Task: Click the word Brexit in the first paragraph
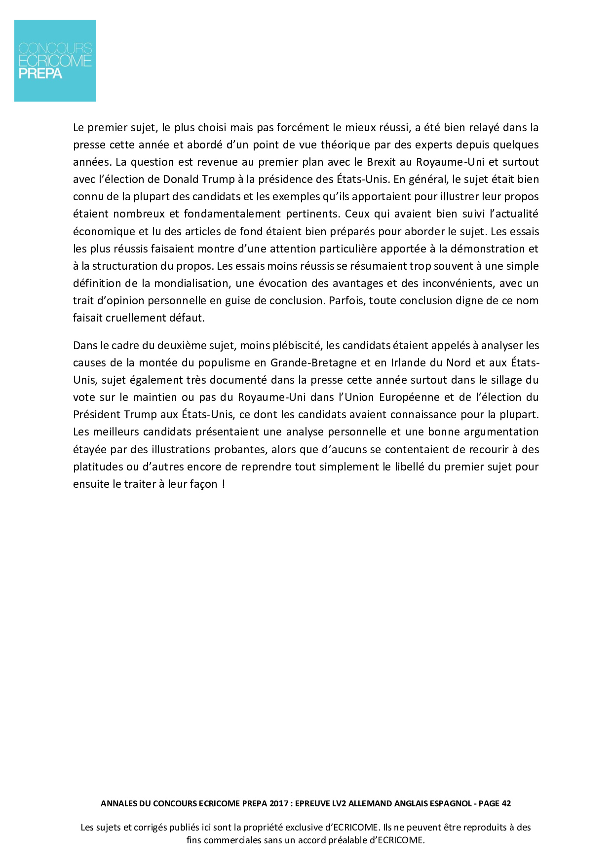(x=381, y=162)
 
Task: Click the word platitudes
(x=98, y=467)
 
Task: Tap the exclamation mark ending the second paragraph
(x=224, y=484)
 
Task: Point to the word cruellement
(x=133, y=318)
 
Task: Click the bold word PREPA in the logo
(x=40, y=74)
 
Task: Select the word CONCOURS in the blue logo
(x=55, y=48)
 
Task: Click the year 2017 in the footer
(x=279, y=803)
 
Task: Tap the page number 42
(x=506, y=803)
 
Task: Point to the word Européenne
(x=409, y=397)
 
